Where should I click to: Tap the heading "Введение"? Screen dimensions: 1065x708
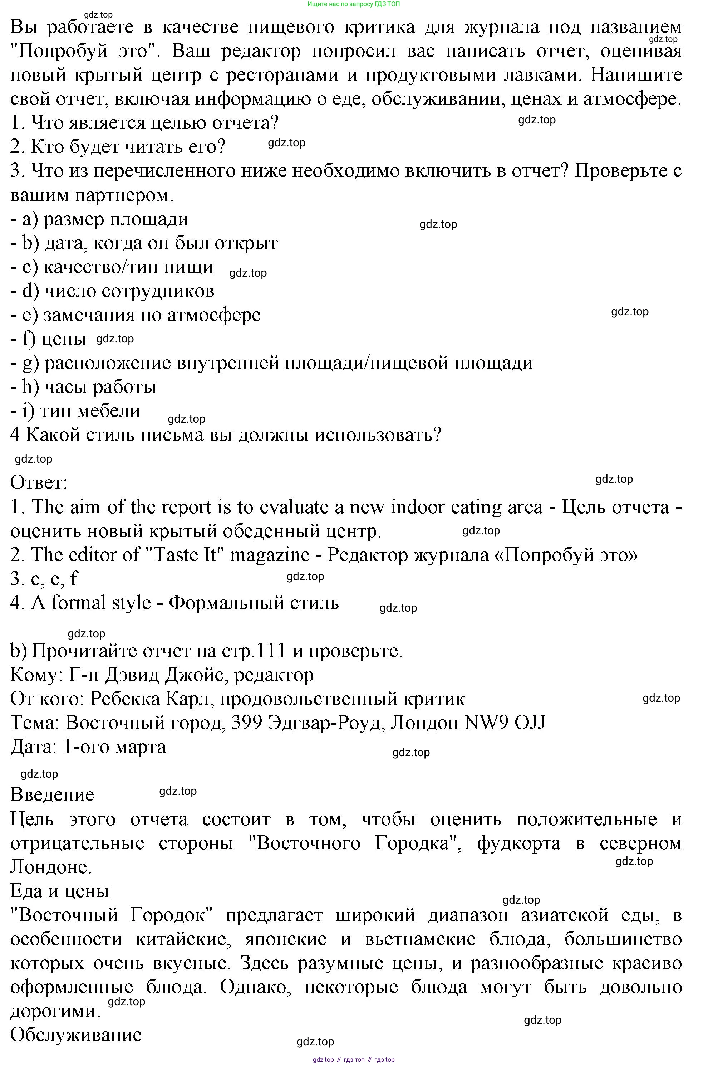(52, 795)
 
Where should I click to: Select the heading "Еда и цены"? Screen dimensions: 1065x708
(60, 891)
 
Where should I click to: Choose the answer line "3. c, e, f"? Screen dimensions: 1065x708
(44, 579)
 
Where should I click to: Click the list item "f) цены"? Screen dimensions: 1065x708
(48, 339)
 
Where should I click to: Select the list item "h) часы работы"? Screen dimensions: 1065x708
(84, 387)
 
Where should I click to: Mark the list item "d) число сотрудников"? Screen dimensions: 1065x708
(112, 291)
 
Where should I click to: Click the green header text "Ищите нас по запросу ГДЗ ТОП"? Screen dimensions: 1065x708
(354, 4)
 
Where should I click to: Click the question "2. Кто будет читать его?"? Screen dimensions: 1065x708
(118, 147)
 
